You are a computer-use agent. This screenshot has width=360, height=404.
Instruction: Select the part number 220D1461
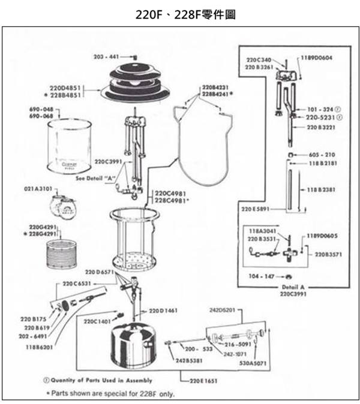[163, 310]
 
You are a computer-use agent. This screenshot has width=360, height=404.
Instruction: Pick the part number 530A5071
[254, 363]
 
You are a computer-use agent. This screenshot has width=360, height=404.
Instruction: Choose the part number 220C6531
[77, 284]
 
